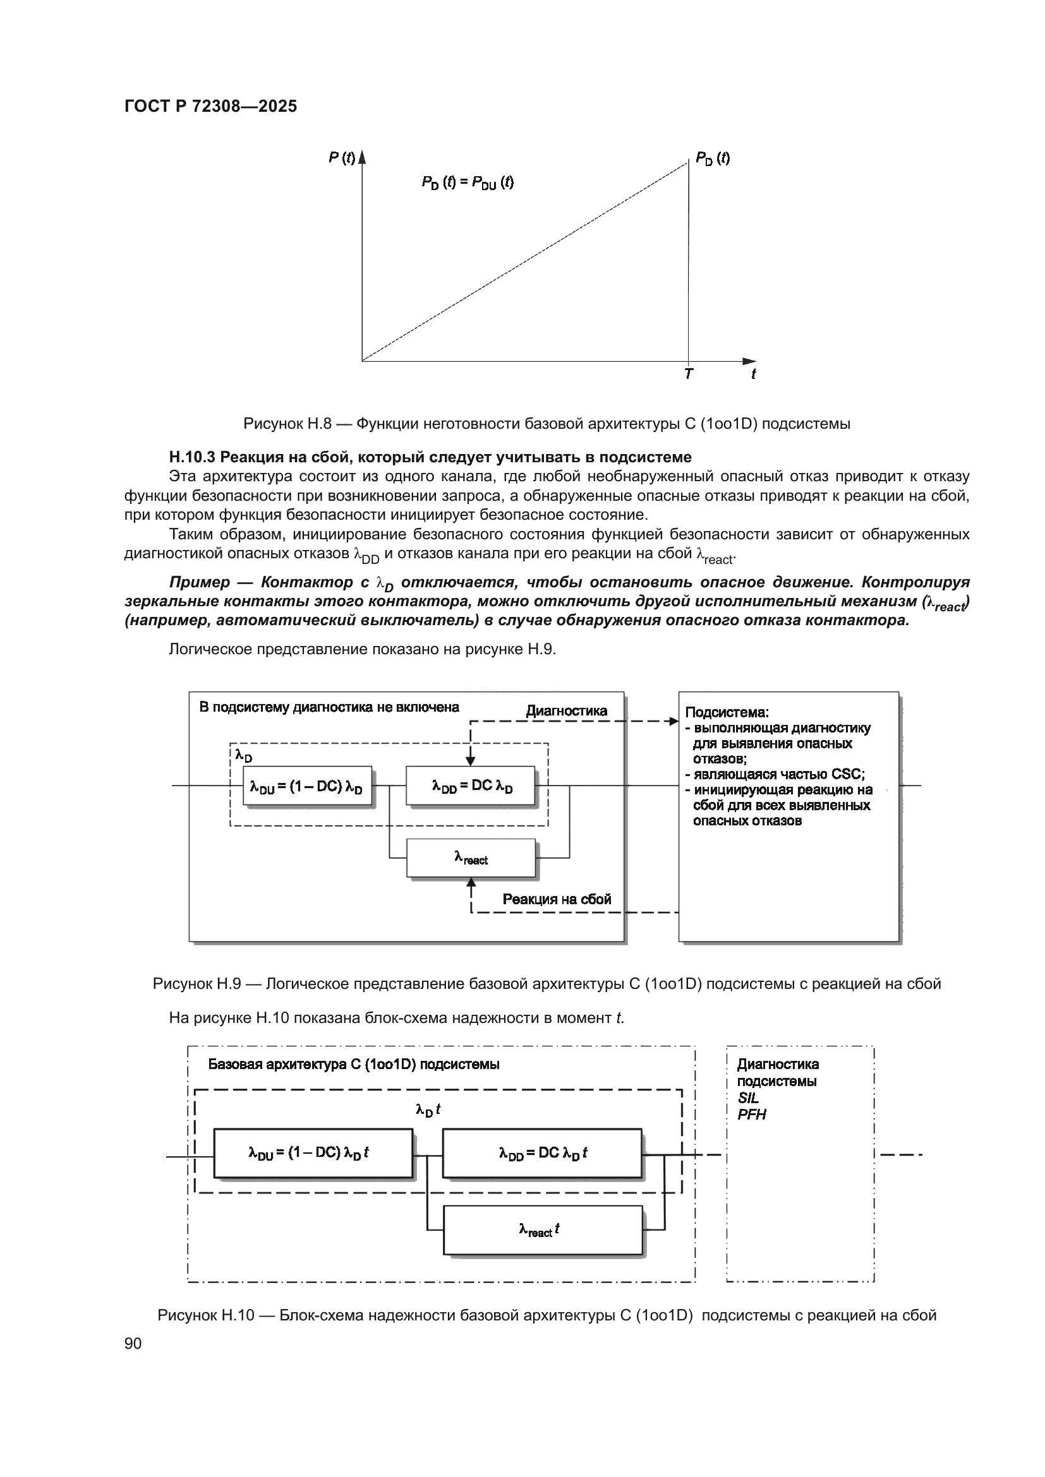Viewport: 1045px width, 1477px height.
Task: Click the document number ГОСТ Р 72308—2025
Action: (x=210, y=106)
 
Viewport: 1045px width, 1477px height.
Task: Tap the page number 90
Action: (x=133, y=1343)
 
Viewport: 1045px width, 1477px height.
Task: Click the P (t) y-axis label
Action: (x=342, y=158)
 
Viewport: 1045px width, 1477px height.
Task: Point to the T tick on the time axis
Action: (x=689, y=374)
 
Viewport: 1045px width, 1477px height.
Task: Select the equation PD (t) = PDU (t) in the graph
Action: (x=468, y=182)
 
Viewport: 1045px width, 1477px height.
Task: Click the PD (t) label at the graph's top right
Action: (x=713, y=158)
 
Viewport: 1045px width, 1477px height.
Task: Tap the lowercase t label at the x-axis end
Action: (x=753, y=374)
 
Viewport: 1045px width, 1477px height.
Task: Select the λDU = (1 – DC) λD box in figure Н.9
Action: (x=307, y=786)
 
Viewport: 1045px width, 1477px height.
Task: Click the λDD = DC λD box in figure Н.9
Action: (x=471, y=786)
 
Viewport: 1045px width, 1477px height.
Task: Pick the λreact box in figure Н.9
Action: (x=471, y=858)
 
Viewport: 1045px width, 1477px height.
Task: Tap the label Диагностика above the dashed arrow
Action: (x=566, y=711)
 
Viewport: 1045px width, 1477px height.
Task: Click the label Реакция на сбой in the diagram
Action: (x=557, y=899)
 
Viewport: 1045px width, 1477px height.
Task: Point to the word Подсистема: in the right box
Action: (x=727, y=712)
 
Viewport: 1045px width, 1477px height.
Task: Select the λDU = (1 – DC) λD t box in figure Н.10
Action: (x=313, y=1153)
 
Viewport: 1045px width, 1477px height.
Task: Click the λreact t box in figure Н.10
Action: (x=543, y=1230)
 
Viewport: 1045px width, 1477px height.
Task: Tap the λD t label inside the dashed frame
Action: (x=428, y=1110)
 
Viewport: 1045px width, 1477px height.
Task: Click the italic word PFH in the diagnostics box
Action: (x=752, y=1115)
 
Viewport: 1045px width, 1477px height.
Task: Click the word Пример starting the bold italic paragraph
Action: (x=200, y=582)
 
